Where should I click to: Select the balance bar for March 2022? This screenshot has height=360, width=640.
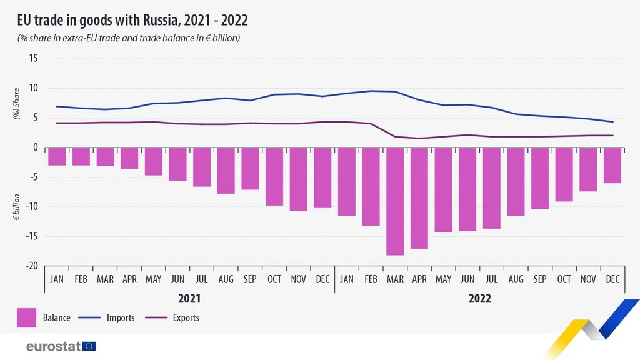(395, 201)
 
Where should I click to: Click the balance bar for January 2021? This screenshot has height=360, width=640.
(57, 156)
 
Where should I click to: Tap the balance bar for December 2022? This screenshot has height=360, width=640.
(612, 165)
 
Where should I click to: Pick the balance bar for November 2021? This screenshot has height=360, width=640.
(298, 179)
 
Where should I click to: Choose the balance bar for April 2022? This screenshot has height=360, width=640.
(419, 197)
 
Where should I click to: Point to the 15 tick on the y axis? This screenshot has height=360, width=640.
(32, 58)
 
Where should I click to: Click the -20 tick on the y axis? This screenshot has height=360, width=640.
(31, 266)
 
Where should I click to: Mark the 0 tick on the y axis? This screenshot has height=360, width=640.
(35, 147)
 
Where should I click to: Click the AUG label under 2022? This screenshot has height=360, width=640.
(516, 279)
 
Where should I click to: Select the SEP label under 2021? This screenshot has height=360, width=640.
(250, 279)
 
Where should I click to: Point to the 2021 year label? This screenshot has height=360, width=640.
(189, 298)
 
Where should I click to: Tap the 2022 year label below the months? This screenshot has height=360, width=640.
(479, 298)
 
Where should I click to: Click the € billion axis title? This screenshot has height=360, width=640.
(18, 207)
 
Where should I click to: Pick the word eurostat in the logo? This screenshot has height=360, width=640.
(53, 346)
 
